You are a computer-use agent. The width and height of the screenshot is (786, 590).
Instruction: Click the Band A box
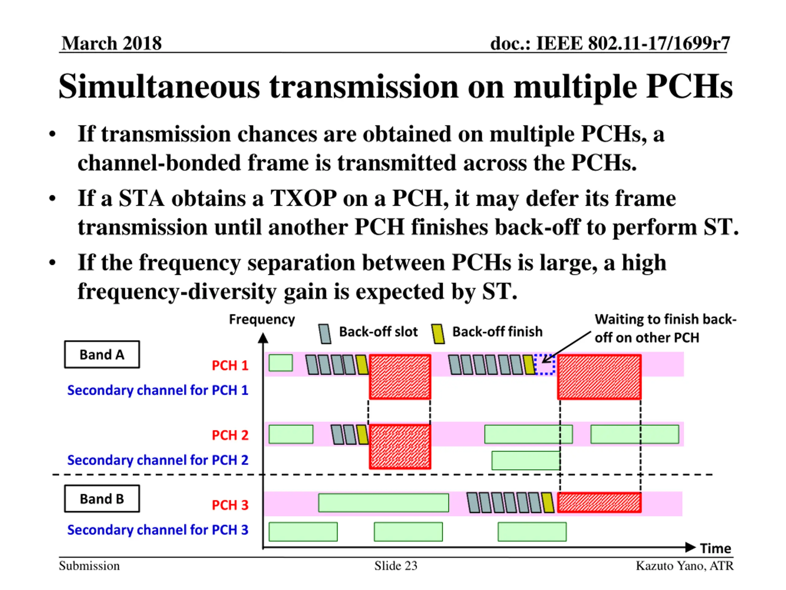tap(102, 355)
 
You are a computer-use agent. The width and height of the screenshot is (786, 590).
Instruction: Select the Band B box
tap(102, 499)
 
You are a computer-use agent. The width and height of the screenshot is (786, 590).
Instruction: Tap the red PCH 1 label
tap(230, 365)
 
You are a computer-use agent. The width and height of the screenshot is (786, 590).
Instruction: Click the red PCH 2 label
tap(230, 435)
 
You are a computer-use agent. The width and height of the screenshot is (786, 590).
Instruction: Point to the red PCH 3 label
tap(230, 505)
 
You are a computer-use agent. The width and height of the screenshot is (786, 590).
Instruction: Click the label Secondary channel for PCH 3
tap(158, 530)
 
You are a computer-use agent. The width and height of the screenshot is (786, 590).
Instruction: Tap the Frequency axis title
tap(262, 319)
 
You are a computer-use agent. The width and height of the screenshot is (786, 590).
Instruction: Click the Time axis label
tap(715, 549)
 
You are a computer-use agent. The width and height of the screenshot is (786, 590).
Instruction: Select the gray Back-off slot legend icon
tap(325, 334)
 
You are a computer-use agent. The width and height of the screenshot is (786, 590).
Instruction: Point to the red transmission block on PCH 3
tap(599, 502)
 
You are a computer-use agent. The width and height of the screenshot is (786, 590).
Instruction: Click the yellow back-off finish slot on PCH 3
tap(548, 502)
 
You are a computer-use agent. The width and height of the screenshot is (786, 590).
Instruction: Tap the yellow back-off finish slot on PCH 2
tap(362, 435)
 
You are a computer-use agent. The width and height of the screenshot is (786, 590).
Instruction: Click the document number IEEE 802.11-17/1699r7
tap(610, 43)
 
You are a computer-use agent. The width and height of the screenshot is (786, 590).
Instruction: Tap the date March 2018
tap(111, 43)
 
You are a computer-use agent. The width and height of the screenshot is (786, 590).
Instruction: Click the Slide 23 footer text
tap(395, 566)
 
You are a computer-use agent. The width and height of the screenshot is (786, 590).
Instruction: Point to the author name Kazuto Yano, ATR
tap(684, 566)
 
